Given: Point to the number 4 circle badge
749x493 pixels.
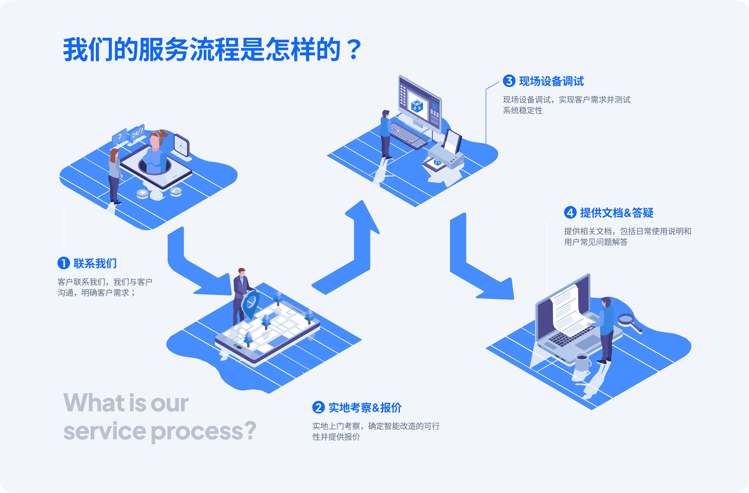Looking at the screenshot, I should [x=570, y=213].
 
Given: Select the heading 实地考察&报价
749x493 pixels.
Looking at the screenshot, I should [x=365, y=408].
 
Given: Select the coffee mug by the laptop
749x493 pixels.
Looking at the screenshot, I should [x=582, y=362].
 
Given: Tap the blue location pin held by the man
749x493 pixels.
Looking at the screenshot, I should [x=251, y=303].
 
